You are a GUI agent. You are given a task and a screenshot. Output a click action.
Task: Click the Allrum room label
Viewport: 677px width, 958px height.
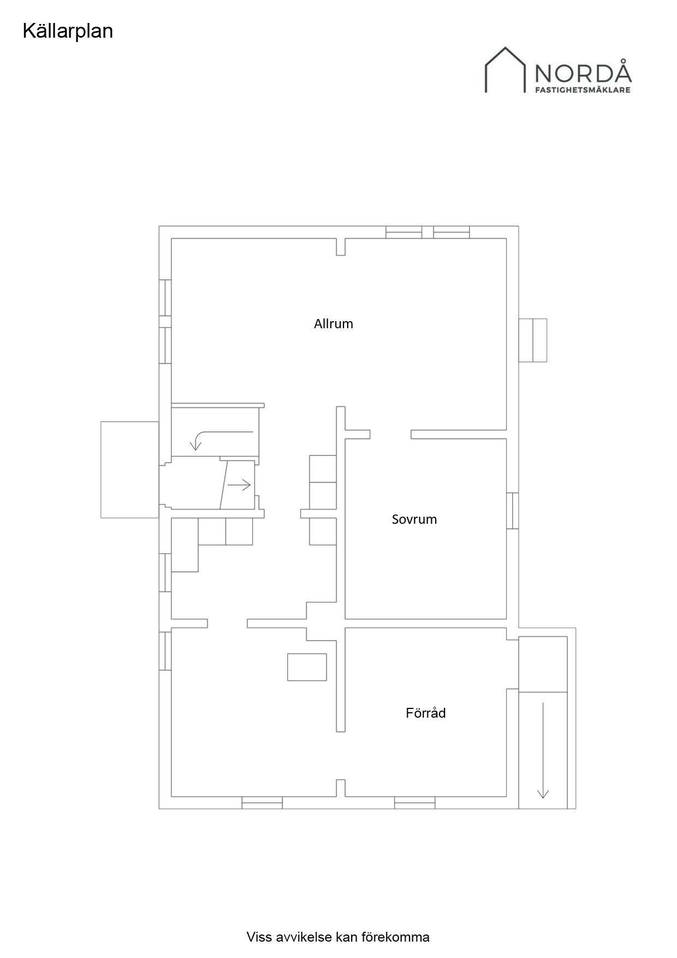point(333,324)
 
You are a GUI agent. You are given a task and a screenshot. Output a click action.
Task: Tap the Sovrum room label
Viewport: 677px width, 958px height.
point(414,519)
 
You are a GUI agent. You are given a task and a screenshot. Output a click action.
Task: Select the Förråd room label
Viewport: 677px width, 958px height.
point(425,713)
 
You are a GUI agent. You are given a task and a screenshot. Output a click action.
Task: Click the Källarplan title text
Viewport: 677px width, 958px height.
point(68,31)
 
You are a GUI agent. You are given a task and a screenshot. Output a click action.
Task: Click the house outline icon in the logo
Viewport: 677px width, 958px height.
point(505,69)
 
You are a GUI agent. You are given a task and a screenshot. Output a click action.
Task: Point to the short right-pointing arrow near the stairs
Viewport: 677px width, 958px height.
point(239,484)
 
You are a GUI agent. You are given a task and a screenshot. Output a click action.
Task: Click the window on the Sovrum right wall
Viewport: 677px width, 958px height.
point(512,511)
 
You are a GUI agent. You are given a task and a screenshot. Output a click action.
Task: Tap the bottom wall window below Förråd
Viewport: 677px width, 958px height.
point(415,802)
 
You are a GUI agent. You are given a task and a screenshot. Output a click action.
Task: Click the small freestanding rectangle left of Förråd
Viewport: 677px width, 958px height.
point(307,667)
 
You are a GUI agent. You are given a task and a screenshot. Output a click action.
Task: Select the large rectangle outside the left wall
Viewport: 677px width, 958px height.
point(130,469)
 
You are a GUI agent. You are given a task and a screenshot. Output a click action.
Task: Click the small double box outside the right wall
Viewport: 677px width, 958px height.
point(532,340)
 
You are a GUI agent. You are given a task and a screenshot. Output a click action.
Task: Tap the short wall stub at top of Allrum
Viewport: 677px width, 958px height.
point(341,246)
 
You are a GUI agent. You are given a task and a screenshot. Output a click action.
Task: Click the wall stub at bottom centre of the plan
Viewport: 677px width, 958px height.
point(341,788)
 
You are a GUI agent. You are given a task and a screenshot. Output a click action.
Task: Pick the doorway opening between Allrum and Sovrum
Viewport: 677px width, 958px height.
point(390,434)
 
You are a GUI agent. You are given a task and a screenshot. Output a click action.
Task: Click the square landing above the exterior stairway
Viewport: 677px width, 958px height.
point(543,664)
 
